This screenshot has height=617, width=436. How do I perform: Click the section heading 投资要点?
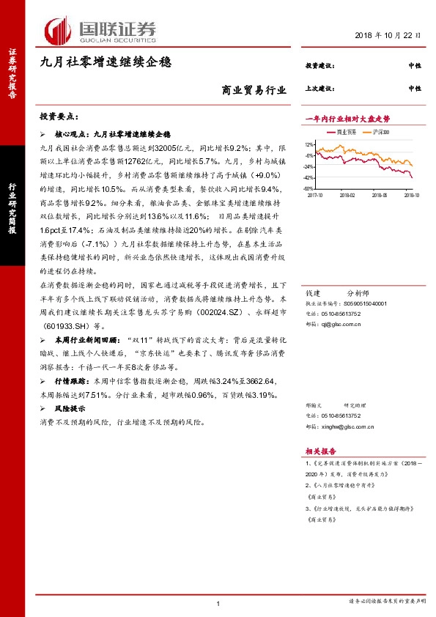(x=59, y=117)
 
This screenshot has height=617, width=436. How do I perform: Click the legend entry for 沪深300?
(x=379, y=132)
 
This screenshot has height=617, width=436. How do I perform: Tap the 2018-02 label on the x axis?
(x=347, y=195)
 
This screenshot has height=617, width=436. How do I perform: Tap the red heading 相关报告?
(x=321, y=451)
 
